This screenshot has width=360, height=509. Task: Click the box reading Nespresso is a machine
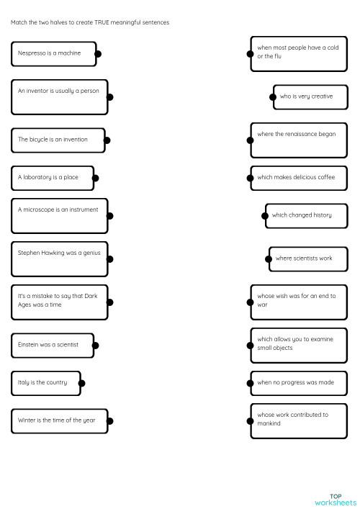pos(54,53)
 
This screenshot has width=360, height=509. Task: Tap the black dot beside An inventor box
pos(109,96)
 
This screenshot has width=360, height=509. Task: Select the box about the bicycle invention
pos(58,140)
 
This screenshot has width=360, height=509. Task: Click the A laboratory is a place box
pos(52,177)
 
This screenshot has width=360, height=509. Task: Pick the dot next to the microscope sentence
pos(109,215)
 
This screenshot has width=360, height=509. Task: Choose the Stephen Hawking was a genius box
pos(59,258)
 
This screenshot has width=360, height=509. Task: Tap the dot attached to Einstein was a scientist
pos(95,346)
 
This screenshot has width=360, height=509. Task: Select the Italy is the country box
pos(45,383)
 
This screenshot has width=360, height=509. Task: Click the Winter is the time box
pos(59,420)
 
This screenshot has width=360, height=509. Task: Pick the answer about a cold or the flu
pos(299,53)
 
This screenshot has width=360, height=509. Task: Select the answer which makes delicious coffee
pos(299,177)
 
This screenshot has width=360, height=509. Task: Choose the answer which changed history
pos(306,215)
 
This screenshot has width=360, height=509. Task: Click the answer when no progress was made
pos(299,383)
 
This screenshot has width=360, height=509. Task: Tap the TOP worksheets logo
pos(335,499)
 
